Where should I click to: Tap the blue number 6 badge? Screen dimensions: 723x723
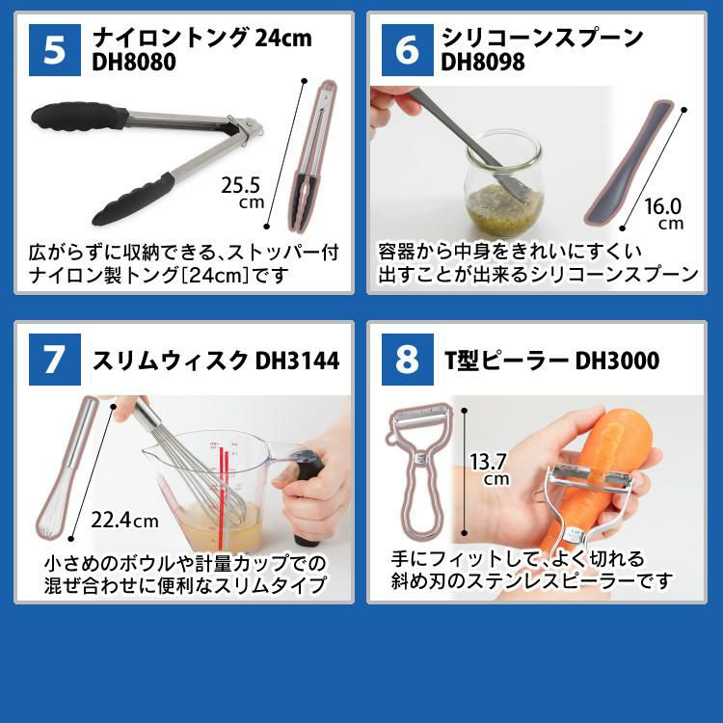pyautogui.click(x=407, y=50)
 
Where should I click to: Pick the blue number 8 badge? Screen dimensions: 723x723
pyautogui.click(x=407, y=360)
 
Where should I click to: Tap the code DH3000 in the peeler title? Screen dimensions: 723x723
pyautogui.click(x=617, y=361)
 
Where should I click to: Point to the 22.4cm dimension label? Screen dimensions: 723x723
pyautogui.click(x=124, y=522)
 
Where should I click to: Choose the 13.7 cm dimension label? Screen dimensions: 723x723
pyautogui.click(x=490, y=469)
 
